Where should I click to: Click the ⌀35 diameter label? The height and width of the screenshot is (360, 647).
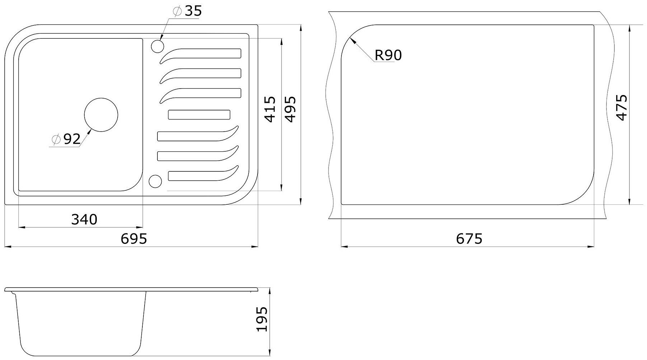[x=187, y=11]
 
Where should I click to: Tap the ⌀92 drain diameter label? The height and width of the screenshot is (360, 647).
[x=66, y=139]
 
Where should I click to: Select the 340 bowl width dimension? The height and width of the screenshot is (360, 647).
[x=84, y=219]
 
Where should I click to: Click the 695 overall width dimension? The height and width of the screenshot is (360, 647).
[x=134, y=238]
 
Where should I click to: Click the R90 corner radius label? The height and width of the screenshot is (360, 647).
[x=388, y=55]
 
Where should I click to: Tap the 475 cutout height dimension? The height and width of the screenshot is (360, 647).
[x=621, y=108]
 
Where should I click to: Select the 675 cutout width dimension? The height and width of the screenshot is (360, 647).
[x=469, y=238]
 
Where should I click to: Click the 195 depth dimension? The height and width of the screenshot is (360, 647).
[x=263, y=319]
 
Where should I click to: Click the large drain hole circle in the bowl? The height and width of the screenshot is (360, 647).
[x=101, y=115]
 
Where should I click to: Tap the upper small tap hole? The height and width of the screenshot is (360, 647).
[x=158, y=47]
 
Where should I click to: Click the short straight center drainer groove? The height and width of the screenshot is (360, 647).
[x=199, y=115]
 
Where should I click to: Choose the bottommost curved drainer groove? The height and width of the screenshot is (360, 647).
[x=203, y=173]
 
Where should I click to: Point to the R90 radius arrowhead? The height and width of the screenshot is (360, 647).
[x=353, y=41]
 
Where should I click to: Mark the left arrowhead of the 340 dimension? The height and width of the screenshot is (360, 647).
[x=22, y=227]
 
